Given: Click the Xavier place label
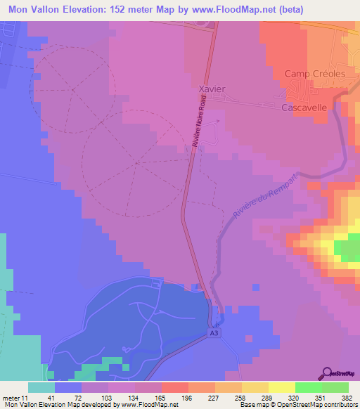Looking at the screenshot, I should pyautogui.click(x=212, y=90).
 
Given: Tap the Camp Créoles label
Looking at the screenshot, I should pyautogui.click(x=311, y=74).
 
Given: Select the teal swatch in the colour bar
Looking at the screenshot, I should pyautogui.click(x=41, y=387).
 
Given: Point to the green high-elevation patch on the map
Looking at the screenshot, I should pyautogui.click(x=345, y=250).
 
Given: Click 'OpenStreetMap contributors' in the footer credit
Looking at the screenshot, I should pyautogui.click(x=324, y=405).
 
